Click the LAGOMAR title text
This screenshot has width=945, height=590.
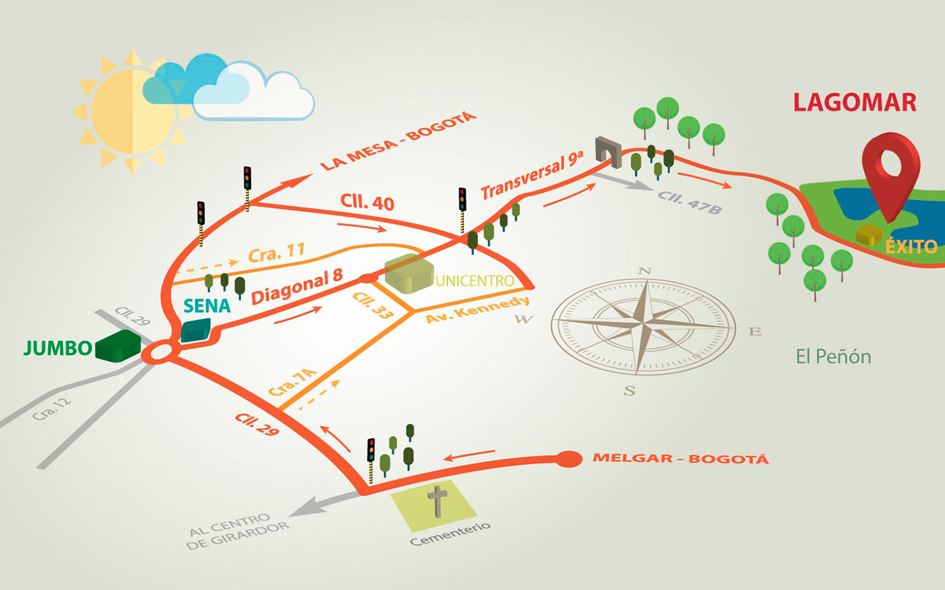[855, 102]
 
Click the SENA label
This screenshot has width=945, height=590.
[207, 306]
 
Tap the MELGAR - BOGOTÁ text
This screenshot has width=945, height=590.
[680, 459]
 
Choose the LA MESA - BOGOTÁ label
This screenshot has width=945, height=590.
[398, 141]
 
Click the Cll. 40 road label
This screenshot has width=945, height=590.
[367, 202]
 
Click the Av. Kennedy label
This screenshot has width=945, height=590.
[477, 309]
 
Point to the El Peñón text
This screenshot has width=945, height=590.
[833, 356]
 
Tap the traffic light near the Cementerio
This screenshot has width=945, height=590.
[371, 450]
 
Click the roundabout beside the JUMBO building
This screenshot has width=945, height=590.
[162, 352]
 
